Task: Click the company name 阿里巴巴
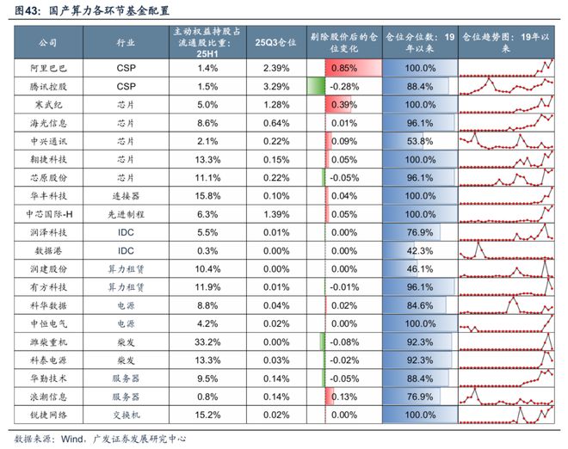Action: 48,66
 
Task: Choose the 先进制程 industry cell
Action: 126,213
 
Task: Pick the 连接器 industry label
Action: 126,195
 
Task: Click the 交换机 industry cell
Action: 126,415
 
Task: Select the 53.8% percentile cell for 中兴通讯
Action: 418,140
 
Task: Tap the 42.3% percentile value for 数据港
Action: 418,250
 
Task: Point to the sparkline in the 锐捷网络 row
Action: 506,415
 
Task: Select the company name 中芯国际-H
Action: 48,213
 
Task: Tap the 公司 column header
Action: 48,41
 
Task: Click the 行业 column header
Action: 126,41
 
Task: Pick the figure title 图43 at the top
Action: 85,11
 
